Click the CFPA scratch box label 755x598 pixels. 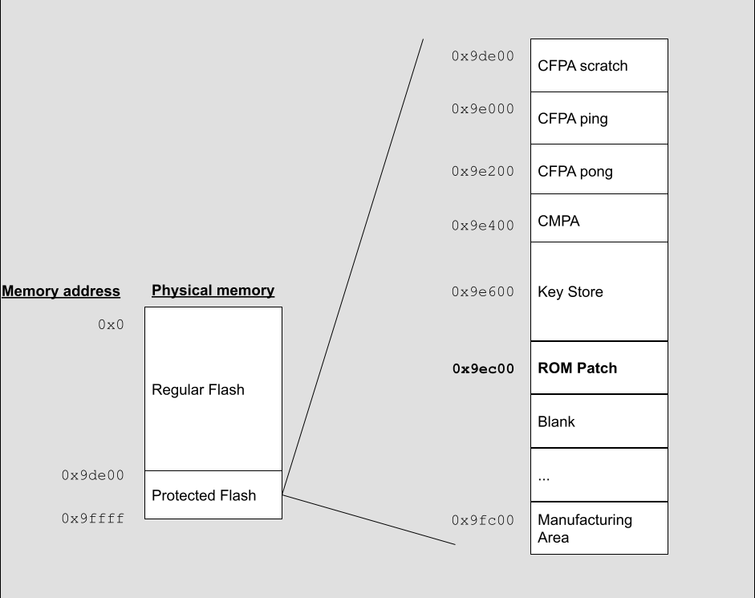click(582, 66)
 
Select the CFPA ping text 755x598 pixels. click(573, 119)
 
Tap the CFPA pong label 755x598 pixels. click(575, 172)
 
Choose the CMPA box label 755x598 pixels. click(558, 221)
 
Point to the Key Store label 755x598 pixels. click(570, 292)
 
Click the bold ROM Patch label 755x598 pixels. click(578, 368)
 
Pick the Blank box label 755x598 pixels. click(556, 422)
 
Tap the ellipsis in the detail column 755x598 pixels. click(544, 477)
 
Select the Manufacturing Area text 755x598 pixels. click(585, 529)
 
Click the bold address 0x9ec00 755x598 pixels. click(483, 369)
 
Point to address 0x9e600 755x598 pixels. click(482, 292)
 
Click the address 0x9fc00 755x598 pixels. click(482, 520)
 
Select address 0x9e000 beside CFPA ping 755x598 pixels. click(482, 109)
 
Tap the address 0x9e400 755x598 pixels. click(482, 226)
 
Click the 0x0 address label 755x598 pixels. click(111, 325)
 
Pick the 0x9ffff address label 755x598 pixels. click(93, 519)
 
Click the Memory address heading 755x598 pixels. click(61, 291)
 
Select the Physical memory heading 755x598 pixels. click(213, 291)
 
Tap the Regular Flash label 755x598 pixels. click(198, 390)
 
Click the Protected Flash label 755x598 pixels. click(204, 495)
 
